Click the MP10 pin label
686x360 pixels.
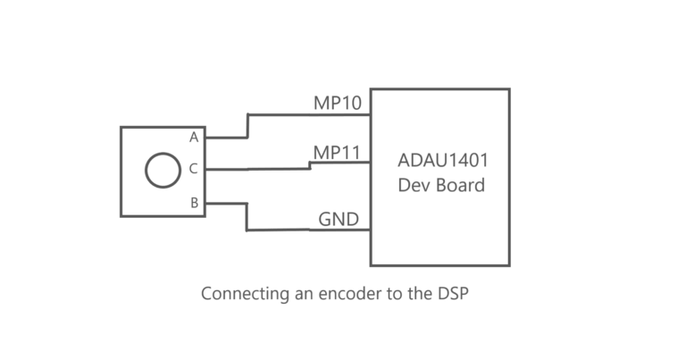click(337, 103)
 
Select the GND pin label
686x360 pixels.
click(339, 219)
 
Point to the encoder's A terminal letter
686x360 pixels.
click(194, 137)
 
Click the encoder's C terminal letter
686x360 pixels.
click(194, 168)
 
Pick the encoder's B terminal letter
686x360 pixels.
click(194, 203)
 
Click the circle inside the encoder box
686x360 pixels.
click(163, 170)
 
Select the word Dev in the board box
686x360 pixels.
click(414, 186)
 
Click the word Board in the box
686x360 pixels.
click(460, 186)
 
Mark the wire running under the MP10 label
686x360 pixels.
click(308, 114)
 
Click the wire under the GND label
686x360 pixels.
click(308, 230)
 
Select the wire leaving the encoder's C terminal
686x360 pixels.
click(259, 168)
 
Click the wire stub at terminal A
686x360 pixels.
click(226, 138)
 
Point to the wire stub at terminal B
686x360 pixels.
click(226, 203)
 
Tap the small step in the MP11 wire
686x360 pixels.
click(310, 165)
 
